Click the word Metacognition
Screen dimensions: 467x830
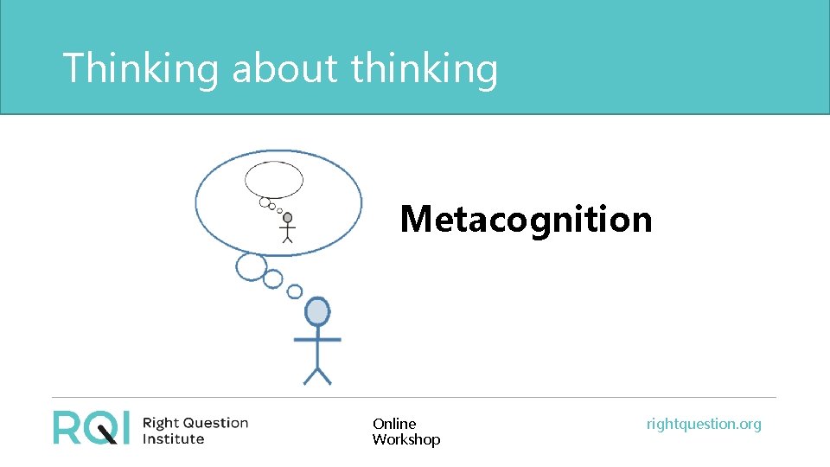526,219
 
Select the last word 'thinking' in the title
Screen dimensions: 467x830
425,67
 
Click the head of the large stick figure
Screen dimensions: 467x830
317,311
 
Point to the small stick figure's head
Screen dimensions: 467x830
288,218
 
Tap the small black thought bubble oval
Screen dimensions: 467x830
274,180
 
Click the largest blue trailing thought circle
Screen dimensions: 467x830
252,267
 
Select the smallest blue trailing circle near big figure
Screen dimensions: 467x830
295,291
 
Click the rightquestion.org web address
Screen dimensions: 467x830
704,424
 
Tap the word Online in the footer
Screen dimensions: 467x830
394,424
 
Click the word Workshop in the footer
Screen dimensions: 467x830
406,439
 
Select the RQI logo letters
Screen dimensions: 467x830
91,427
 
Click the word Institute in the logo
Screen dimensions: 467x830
173,438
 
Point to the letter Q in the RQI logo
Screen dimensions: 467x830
101,427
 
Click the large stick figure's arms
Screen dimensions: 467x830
317,339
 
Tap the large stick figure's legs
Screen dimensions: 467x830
317,374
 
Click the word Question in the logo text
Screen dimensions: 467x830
214,423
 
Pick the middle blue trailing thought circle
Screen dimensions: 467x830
273,278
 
